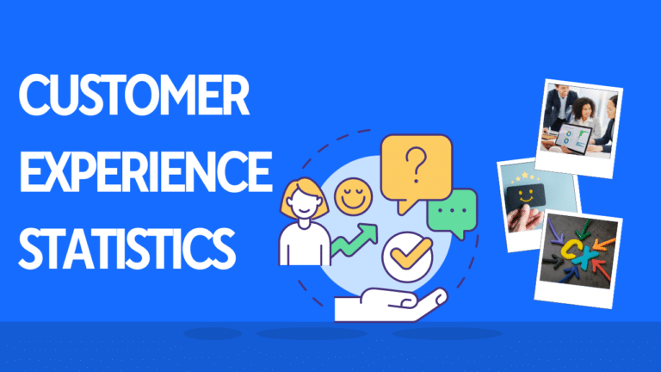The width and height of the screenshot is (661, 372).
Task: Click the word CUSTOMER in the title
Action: pyautogui.click(x=134, y=95)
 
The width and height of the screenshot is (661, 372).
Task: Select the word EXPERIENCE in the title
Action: pyautogui.click(x=145, y=171)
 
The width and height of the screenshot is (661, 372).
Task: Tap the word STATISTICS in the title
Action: pyautogui.click(x=127, y=248)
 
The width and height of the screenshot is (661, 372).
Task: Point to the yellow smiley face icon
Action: pyautogui.click(x=353, y=196)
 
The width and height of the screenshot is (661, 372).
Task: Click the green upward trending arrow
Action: pyautogui.click(x=354, y=239)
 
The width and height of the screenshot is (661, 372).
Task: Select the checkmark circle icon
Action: pyautogui.click(x=407, y=257)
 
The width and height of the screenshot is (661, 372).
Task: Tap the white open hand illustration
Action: pyautogui.click(x=391, y=304)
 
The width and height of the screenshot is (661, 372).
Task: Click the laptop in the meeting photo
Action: pyautogui.click(x=573, y=139)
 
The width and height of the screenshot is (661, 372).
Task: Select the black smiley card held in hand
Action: pyautogui.click(x=525, y=196)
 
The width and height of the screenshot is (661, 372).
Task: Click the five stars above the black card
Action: pyautogui.click(x=524, y=177)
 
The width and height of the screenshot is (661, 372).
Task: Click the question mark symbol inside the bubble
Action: pyautogui.click(x=416, y=164)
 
